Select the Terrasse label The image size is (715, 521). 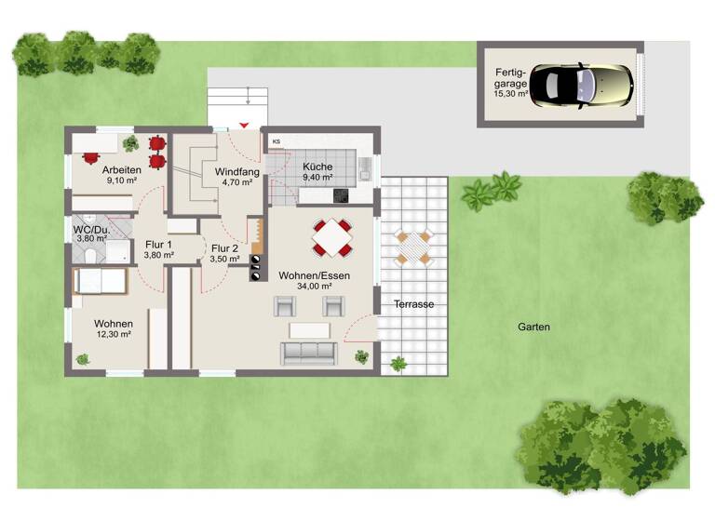coord(413,304)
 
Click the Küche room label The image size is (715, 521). coord(317,167)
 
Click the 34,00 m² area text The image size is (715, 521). coord(314,287)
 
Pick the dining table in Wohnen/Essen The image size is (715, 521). coord(331,238)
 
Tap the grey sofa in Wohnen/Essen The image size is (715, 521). coord(308,352)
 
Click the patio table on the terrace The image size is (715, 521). coord(413,247)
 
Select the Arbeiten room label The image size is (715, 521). coord(122,169)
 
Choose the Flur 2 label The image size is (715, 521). coord(224,248)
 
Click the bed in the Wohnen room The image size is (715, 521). coord(99,281)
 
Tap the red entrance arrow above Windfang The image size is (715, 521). coord(245,124)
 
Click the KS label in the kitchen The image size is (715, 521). coord(277,141)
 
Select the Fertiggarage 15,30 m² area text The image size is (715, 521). coord(511,94)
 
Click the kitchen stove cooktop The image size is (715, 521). coord(341,195)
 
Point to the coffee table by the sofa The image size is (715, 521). coord(308,329)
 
